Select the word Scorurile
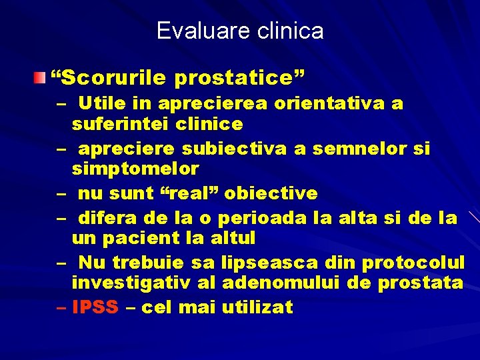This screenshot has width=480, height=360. click(x=113, y=79)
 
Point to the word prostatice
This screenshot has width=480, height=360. click(x=235, y=79)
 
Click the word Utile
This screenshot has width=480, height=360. click(x=101, y=104)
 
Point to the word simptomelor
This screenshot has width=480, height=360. click(x=135, y=168)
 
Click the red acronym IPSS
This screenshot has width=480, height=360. click(x=95, y=307)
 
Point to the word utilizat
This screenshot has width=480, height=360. click(x=257, y=307)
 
